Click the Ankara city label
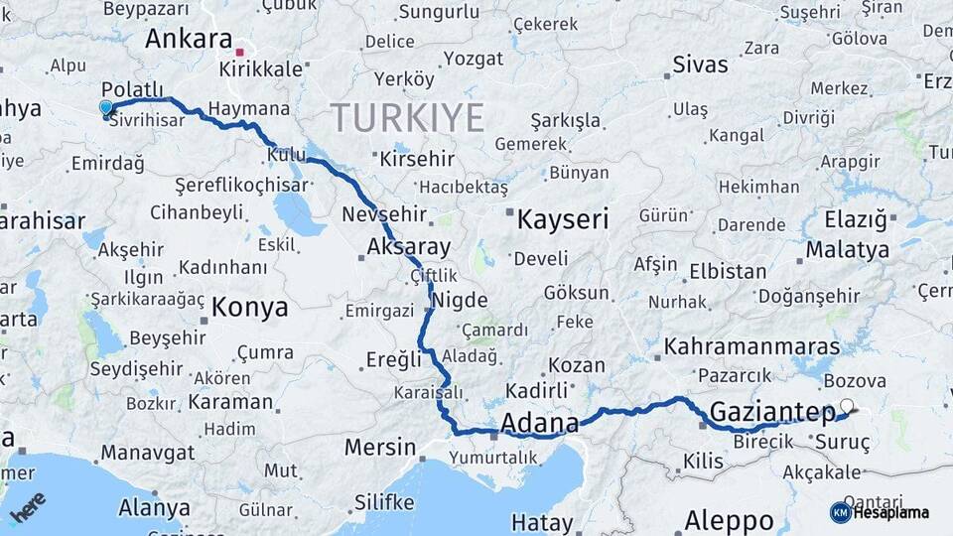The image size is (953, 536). tap(188, 40)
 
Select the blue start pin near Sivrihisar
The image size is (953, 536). tap(106, 107)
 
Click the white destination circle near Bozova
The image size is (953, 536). tap(846, 406)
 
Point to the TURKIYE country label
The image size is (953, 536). tap(407, 118)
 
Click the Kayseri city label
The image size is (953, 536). tap(562, 219)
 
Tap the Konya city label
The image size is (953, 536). tap(249, 307)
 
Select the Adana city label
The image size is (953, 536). tap(539, 424)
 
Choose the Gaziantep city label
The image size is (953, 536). tap(773, 412)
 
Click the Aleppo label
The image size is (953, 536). tap(729, 520)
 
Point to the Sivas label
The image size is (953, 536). tap(700, 66)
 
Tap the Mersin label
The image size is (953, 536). tap(380, 448)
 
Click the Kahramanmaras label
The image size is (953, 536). tap(751, 347)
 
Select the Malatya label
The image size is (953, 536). tap(847, 249)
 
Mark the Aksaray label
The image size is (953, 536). tap(408, 247)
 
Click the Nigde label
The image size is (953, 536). tap(462, 301)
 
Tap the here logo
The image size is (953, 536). tap(28, 506)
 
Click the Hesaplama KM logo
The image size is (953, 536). tap(880, 512)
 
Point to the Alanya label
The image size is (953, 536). tap(154, 507)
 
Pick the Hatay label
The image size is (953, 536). tap(542, 522)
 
